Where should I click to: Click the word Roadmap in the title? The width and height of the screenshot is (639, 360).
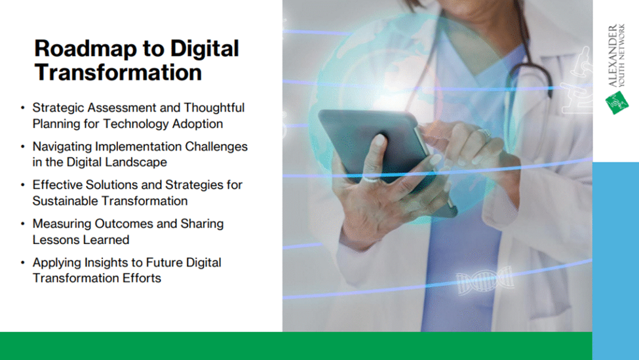pyautogui.click(x=86, y=49)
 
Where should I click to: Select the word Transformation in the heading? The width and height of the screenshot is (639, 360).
pyautogui.click(x=118, y=73)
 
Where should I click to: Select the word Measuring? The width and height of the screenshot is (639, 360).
pyautogui.click(x=62, y=224)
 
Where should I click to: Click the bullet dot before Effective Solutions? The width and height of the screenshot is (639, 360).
pyautogui.click(x=23, y=185)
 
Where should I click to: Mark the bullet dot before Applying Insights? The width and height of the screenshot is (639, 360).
pyautogui.click(x=23, y=263)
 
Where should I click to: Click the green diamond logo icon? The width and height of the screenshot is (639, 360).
pyautogui.click(x=617, y=103)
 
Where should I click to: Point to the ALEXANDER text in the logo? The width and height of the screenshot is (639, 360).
pyautogui.click(x=613, y=56)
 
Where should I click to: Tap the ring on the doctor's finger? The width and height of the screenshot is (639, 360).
pyautogui.click(x=484, y=134)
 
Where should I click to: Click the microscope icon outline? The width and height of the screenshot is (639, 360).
pyautogui.click(x=577, y=81)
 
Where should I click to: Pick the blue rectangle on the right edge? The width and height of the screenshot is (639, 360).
pyautogui.click(x=615, y=261)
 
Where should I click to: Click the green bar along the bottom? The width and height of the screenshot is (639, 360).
pyautogui.click(x=296, y=346)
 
